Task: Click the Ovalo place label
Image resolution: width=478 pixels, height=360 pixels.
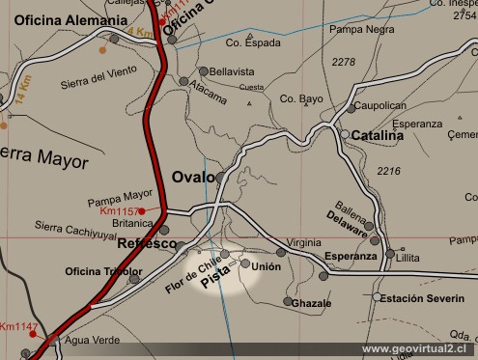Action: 193,177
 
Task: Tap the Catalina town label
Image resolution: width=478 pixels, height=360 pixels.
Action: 377,136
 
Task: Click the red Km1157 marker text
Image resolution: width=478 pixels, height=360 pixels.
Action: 118,210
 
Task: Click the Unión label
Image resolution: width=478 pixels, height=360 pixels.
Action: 267,266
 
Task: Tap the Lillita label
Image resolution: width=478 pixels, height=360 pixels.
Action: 408,259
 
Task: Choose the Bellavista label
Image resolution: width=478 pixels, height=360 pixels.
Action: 233,71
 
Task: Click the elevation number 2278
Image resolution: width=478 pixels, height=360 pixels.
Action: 343,62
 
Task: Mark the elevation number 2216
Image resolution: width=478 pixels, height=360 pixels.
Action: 388,171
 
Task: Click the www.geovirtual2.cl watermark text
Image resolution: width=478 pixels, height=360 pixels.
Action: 413,348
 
